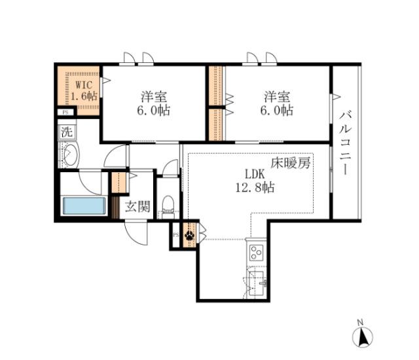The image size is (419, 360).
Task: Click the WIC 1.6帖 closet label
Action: click(x=84, y=90)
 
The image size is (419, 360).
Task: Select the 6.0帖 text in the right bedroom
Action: click(x=278, y=111)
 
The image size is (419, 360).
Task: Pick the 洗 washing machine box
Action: click(x=66, y=130)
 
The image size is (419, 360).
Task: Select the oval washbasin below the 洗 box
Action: click(x=69, y=156)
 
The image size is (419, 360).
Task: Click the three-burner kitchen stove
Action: click(x=255, y=253)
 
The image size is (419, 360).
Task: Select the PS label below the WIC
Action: click(x=64, y=112)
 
